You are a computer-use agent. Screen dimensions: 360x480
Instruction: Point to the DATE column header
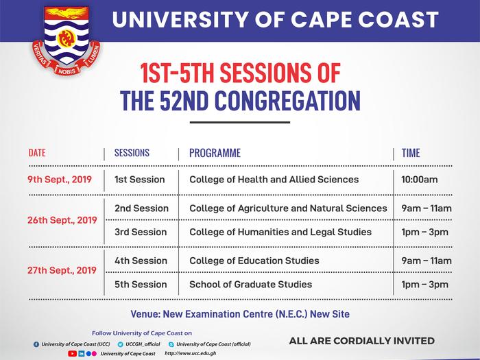coord(37,153)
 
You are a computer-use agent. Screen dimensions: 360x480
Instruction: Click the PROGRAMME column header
coord(215,153)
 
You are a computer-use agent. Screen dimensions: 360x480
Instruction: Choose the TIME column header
coord(411,153)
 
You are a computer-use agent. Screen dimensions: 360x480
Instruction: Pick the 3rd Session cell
coord(141,232)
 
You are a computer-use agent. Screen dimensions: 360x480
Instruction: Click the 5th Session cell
coord(141,285)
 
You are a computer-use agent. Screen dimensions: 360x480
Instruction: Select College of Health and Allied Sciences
coord(274,180)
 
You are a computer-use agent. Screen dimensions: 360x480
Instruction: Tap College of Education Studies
coord(254,261)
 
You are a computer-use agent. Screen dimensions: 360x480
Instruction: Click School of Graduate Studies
coord(250,285)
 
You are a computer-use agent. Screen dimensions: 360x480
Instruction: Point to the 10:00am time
coord(420,180)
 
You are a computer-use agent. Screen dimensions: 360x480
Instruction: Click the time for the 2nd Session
coord(427,208)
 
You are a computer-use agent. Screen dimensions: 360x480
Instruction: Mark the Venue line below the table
coord(239,314)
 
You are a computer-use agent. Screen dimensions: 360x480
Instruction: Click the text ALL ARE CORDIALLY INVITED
coord(361,341)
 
